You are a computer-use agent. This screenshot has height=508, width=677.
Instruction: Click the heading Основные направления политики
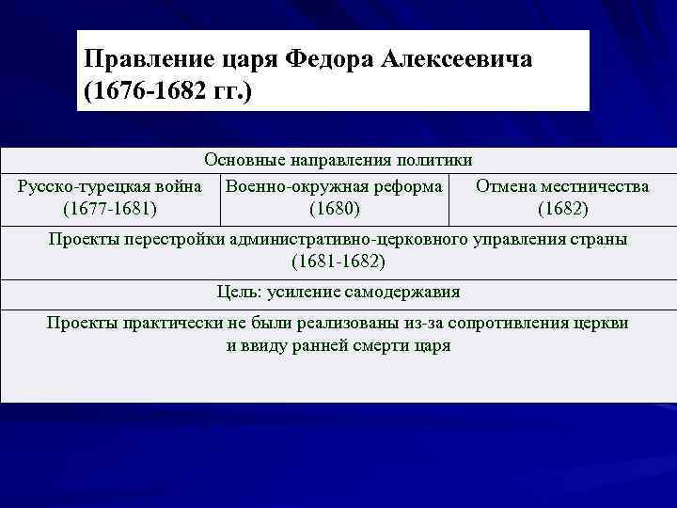[x=338, y=161]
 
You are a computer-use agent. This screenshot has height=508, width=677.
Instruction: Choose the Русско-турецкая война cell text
[x=109, y=186]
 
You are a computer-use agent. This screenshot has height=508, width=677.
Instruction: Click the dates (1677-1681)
[x=108, y=207]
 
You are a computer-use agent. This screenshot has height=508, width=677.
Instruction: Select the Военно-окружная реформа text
[x=334, y=186]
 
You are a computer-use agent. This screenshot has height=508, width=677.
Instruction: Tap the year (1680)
[x=334, y=207]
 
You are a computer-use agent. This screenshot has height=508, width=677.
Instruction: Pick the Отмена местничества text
[x=562, y=186]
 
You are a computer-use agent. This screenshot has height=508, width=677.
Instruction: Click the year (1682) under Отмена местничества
[x=562, y=207]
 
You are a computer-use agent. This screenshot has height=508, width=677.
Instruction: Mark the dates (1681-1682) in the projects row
[x=338, y=260]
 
